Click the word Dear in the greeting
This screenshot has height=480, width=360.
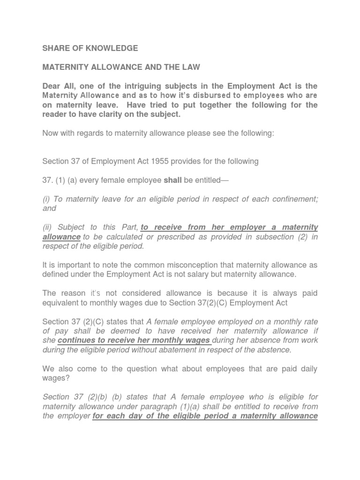coord(52,86)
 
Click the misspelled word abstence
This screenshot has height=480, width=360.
coord(274,350)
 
